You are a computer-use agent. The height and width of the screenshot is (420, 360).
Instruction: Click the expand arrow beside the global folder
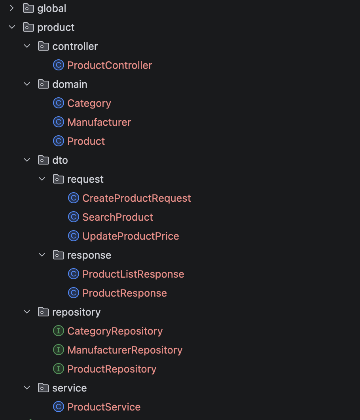click(11, 8)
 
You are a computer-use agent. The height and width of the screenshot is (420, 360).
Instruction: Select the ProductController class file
click(110, 65)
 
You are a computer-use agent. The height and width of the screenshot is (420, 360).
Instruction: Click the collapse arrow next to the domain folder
click(27, 84)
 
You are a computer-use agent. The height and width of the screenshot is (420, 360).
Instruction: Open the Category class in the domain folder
click(89, 103)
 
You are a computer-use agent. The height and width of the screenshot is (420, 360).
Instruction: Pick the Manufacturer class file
click(99, 123)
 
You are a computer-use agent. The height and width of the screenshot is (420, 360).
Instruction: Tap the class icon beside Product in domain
click(59, 141)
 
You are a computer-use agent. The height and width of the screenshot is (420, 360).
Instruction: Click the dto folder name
click(60, 160)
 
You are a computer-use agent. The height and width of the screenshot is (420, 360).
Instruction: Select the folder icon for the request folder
click(59, 179)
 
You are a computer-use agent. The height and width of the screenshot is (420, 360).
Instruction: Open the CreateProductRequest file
click(136, 198)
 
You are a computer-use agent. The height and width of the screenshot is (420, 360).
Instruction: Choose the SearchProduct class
click(117, 217)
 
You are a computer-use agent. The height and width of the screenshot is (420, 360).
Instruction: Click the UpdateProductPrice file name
click(131, 236)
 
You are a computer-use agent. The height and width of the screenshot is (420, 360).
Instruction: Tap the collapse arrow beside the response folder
click(42, 255)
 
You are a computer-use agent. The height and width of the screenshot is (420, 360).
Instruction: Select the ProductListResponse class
click(133, 274)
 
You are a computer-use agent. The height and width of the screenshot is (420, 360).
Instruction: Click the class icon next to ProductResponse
click(74, 293)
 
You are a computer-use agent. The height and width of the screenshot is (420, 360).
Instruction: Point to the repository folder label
click(76, 312)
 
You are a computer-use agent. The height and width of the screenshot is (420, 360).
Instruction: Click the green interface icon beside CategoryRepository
click(59, 331)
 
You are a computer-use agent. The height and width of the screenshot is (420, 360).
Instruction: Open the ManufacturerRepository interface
click(125, 350)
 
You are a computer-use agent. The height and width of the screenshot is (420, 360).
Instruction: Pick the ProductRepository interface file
click(112, 369)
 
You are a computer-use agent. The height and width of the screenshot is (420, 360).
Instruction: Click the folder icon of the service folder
click(44, 388)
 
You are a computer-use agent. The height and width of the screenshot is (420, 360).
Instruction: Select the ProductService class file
click(104, 407)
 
